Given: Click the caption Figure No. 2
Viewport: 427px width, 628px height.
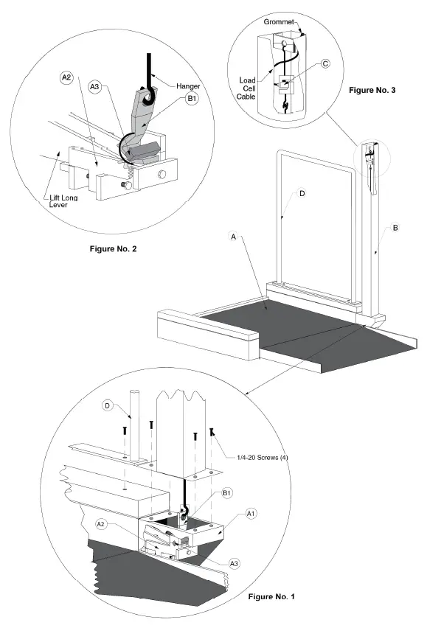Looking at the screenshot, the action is pos(113,248).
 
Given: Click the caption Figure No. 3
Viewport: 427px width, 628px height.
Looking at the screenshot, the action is pos(372,90).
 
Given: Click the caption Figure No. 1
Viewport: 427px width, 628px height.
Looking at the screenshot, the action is pos(271,597).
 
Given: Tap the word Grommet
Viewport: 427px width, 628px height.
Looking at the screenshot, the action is pos(278,22).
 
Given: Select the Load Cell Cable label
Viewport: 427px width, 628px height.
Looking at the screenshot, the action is pos(246,88).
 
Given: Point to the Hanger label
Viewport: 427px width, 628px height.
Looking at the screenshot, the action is pos(188,86).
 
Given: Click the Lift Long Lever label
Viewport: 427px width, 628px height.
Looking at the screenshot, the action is pos(63,201).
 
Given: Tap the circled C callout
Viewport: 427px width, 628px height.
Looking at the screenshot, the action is pos(326,63).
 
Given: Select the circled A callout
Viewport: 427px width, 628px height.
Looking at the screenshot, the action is pos(234,237).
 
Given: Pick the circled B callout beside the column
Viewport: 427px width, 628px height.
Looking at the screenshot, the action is pos(395,228).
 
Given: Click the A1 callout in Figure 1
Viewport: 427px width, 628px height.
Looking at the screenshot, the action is pos(251,514).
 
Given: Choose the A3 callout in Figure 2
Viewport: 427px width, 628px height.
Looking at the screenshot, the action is pos(94,87).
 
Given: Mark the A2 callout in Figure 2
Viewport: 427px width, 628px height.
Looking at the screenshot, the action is pos(66,77).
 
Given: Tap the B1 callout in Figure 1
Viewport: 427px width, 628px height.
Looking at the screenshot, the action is pos(226,493).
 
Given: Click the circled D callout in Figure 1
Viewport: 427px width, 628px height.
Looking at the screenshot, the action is pos(107,405).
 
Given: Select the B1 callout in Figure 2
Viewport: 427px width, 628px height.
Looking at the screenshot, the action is pos(192,99).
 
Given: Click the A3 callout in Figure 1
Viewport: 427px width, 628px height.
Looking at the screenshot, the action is pos(234,564).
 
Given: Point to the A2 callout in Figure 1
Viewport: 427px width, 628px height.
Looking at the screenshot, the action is pos(101,524).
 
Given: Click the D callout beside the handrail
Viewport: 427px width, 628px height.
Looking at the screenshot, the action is pos(302,193).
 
